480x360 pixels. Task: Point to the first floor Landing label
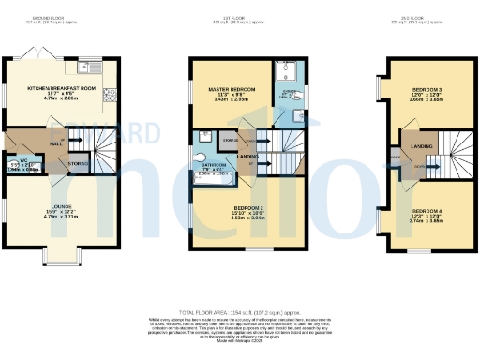[248, 156]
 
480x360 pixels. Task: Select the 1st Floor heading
[239, 16]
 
